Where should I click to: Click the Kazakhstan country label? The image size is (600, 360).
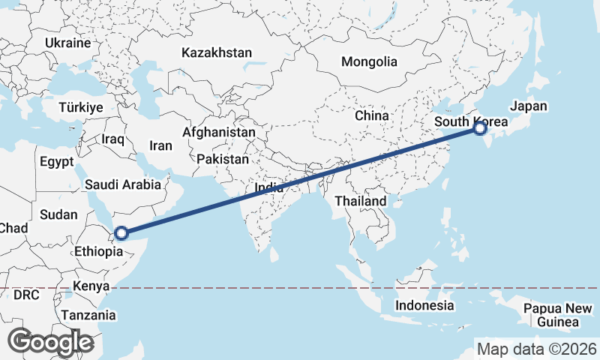click(217, 53)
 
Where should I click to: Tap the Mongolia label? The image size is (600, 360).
click(368, 62)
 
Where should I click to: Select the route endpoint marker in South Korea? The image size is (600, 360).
click(480, 129)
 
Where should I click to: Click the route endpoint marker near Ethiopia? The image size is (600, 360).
click(121, 233)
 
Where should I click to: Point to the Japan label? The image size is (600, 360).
click(528, 106)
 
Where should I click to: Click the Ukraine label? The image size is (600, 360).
click(67, 43)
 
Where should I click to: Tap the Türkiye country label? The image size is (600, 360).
click(80, 108)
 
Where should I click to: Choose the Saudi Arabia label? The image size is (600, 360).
click(123, 184)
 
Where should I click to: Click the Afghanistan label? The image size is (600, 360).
click(219, 132)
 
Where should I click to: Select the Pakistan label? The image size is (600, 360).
click(223, 160)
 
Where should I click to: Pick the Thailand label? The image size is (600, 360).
click(361, 201)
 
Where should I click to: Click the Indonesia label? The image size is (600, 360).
click(424, 305)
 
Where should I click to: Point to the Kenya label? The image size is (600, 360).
click(91, 286)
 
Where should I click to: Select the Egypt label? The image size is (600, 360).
click(56, 162)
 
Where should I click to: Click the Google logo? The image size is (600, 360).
click(50, 342)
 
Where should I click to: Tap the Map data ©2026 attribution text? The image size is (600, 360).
click(537, 349)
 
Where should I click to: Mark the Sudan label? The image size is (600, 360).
click(58, 214)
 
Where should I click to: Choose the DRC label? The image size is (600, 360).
click(26, 295)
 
